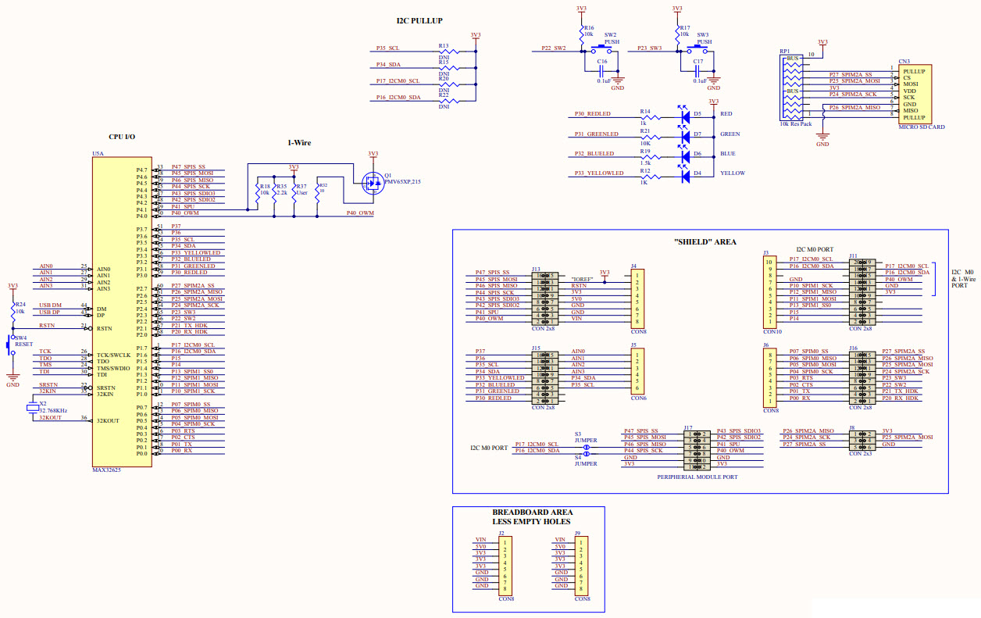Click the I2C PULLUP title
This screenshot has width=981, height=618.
(419, 20)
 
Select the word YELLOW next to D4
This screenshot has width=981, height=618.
(733, 173)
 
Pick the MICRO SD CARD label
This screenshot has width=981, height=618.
(922, 127)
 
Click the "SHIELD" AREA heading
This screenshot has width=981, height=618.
(705, 241)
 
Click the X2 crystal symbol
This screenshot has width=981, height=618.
(32, 408)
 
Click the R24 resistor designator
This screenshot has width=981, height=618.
(20, 303)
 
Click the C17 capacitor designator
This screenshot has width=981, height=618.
(697, 61)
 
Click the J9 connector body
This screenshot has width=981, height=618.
(581, 565)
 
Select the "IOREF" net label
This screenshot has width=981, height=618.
(583, 279)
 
